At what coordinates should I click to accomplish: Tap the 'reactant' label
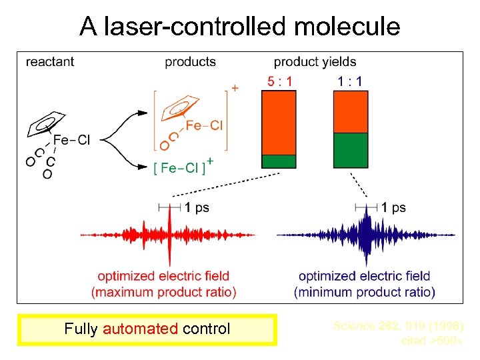(x=50, y=62)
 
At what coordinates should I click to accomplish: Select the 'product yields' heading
(x=315, y=62)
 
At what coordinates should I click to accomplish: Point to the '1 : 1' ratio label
(x=350, y=82)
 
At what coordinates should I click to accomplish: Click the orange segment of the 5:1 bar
(x=279, y=123)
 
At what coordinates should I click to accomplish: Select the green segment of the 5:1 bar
(x=279, y=161)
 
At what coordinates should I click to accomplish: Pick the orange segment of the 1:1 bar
(x=350, y=112)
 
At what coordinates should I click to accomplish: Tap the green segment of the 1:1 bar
(x=350, y=150)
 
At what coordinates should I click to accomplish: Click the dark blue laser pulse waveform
(x=365, y=235)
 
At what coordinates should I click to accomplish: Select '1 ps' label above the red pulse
(x=197, y=207)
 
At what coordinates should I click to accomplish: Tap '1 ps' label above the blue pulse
(x=393, y=207)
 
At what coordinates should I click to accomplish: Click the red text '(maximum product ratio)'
(x=164, y=292)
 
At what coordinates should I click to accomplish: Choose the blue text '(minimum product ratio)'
(x=365, y=292)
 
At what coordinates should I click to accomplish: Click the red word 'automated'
(x=141, y=329)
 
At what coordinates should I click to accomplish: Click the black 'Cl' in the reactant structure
(x=84, y=140)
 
